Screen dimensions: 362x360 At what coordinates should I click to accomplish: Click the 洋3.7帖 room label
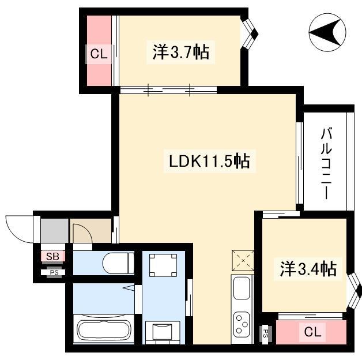[x=181, y=52]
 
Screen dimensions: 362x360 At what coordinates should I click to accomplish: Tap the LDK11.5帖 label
[x=209, y=161]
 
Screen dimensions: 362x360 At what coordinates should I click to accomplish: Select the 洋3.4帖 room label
[x=308, y=269]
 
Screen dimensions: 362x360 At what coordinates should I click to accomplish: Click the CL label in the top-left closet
[x=99, y=54]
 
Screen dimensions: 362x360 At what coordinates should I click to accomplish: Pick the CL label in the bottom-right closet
[x=312, y=332]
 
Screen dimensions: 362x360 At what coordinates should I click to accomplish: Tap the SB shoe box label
[x=52, y=256]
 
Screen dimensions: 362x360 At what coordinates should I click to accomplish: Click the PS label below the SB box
[x=54, y=272]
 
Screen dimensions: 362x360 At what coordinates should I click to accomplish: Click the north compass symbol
[x=327, y=32]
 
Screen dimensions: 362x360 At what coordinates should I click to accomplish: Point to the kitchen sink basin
[x=242, y=288]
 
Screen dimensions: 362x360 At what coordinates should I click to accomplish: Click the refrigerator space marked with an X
[x=243, y=261]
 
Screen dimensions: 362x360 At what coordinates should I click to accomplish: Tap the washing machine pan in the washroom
[x=163, y=265]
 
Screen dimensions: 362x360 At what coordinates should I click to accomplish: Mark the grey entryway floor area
[x=55, y=231]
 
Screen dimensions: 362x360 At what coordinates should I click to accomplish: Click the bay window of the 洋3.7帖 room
[x=250, y=34]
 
